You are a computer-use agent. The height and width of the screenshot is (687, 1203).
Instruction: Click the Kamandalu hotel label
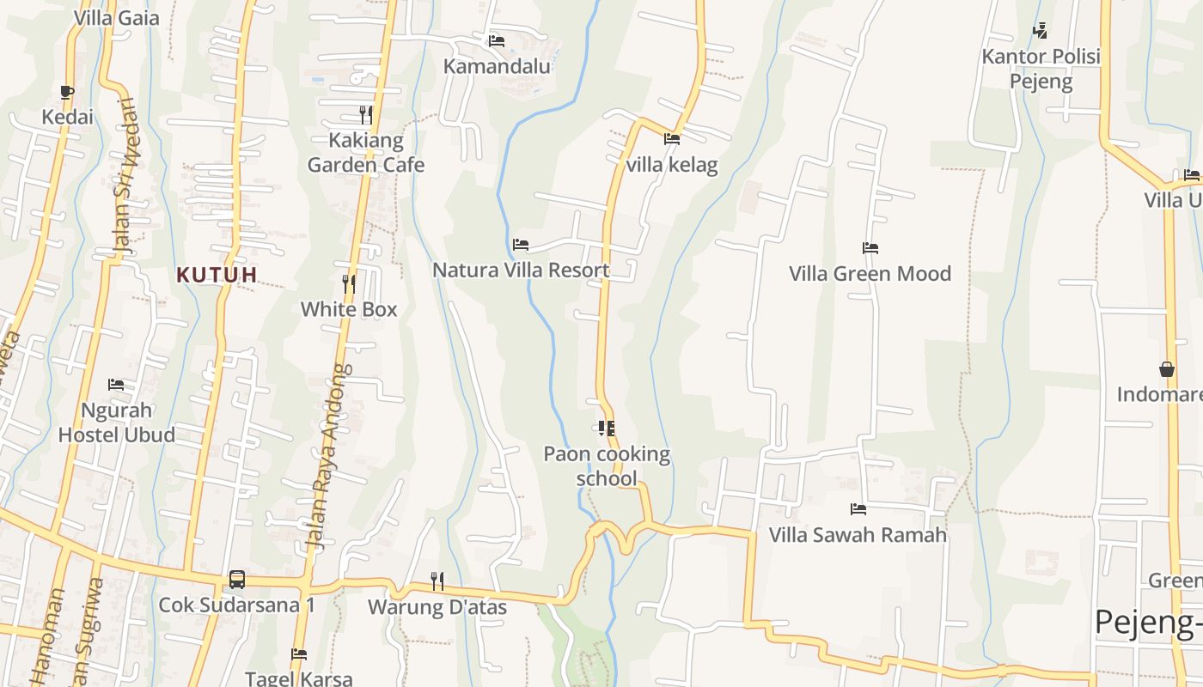tap(497, 66)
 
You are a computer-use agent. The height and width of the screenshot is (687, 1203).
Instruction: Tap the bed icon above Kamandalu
tap(497, 40)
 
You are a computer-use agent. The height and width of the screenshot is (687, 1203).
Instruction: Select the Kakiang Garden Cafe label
tap(366, 152)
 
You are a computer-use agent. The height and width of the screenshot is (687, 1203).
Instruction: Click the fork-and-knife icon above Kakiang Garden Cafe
tap(366, 114)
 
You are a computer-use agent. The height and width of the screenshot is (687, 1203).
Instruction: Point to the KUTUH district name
tap(217, 275)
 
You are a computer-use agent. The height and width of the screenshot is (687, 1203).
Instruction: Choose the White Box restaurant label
tap(349, 309)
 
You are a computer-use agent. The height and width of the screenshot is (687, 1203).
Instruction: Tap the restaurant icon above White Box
tap(349, 283)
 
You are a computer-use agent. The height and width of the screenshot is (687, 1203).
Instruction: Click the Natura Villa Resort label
tap(521, 271)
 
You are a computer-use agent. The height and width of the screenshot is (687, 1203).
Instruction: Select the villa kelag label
tap(672, 165)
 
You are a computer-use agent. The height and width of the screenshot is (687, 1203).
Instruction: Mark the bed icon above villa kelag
tap(672, 139)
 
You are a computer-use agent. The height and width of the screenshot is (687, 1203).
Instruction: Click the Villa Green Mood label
tap(870, 274)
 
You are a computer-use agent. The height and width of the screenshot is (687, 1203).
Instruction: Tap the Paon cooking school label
tap(607, 465)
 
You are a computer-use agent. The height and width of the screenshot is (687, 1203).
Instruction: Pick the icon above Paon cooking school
tap(607, 428)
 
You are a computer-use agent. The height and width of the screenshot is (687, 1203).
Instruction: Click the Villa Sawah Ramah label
tap(858, 535)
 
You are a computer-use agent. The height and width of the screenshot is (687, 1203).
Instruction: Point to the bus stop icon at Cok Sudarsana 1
tap(237, 580)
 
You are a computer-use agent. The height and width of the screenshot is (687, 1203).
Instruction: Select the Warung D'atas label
tap(437, 607)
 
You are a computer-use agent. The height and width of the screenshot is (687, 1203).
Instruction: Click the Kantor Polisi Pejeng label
tap(1041, 70)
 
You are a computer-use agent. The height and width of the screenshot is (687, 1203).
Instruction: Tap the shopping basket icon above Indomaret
tap(1167, 369)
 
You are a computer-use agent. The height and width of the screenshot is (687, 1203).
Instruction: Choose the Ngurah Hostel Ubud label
tap(116, 422)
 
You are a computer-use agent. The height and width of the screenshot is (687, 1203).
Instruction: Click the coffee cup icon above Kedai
tap(67, 92)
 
